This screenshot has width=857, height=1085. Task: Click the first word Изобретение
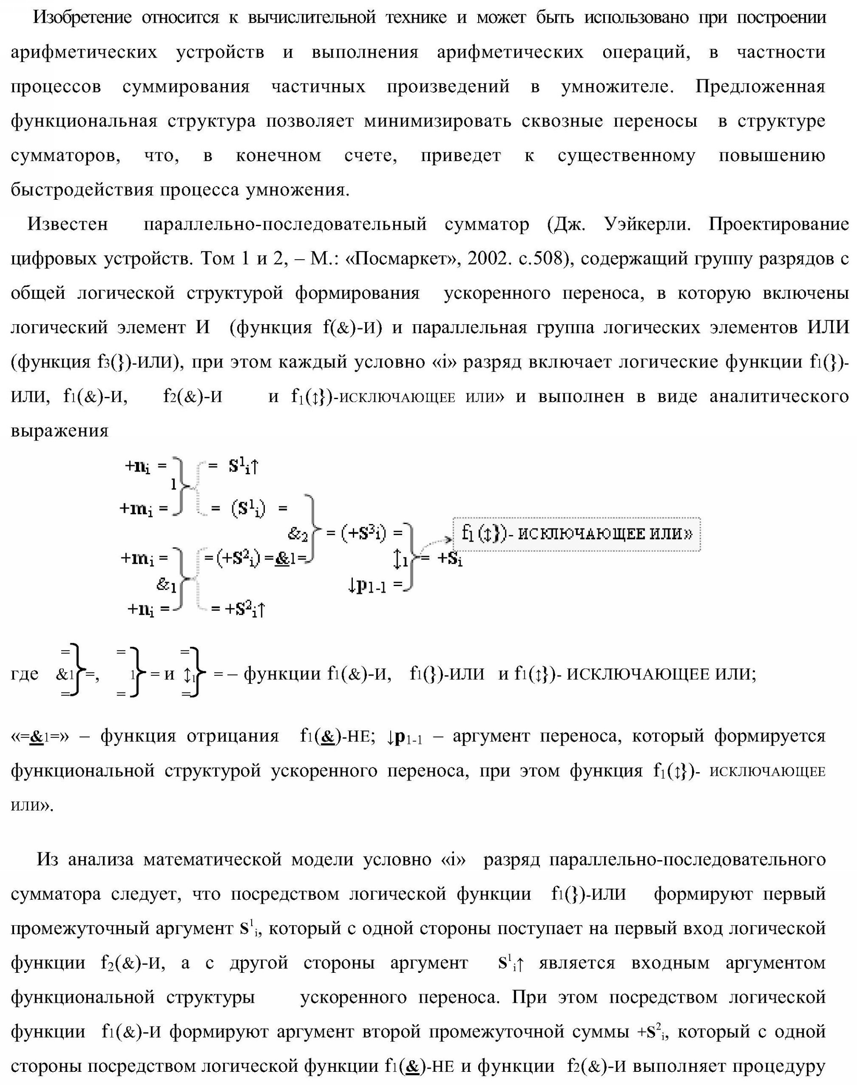tap(82, 18)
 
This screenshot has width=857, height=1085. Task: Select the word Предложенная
tap(760, 87)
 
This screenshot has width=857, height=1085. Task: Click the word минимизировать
tap(438, 121)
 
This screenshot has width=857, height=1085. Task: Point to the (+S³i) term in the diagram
tap(364, 533)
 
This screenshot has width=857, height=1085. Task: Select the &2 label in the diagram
tap(297, 535)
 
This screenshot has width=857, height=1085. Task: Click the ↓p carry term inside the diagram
tap(368, 585)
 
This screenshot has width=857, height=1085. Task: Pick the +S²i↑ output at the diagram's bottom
tap(244, 609)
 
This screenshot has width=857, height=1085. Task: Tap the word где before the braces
tap(25, 674)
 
